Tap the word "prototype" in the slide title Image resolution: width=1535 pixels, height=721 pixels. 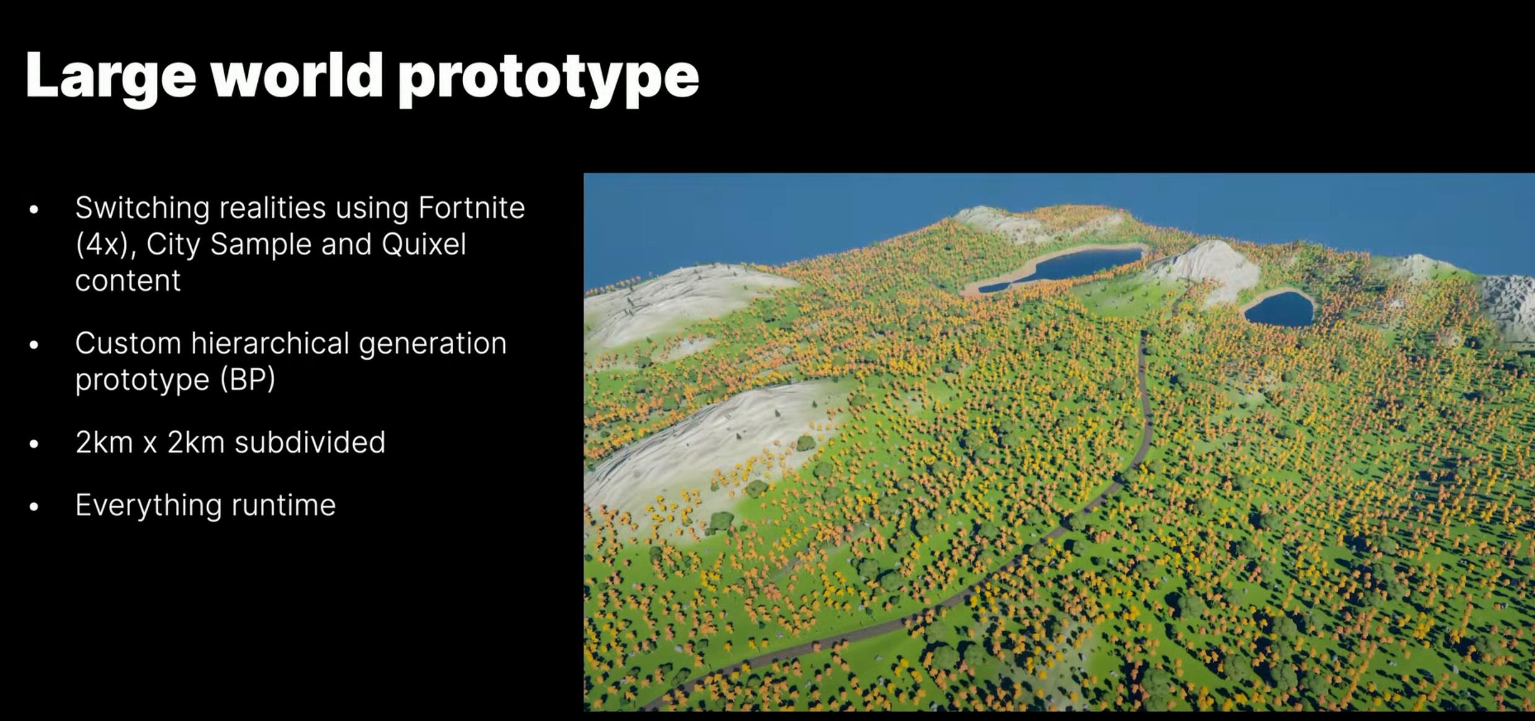[x=548, y=79]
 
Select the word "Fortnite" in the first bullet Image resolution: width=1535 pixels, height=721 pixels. [x=472, y=208]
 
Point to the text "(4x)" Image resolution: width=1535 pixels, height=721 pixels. [x=105, y=245]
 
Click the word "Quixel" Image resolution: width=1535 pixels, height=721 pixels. [x=424, y=244]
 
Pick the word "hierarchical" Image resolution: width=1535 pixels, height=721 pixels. [x=270, y=343]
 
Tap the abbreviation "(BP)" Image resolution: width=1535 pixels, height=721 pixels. [x=248, y=379]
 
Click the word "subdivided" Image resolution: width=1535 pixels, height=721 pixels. [x=310, y=442]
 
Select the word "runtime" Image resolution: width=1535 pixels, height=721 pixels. [x=283, y=505]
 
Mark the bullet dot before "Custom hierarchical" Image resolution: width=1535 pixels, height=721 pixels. [x=34, y=344]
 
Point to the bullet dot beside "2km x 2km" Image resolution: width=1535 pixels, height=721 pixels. [x=34, y=444]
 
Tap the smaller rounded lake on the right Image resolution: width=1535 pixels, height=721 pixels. [x=1279, y=308]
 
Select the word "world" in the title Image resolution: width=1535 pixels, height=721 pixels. [x=297, y=76]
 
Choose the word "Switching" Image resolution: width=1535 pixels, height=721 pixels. [x=143, y=208]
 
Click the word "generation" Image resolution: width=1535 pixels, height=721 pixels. [x=433, y=344]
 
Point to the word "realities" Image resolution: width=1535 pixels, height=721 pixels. [x=273, y=208]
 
